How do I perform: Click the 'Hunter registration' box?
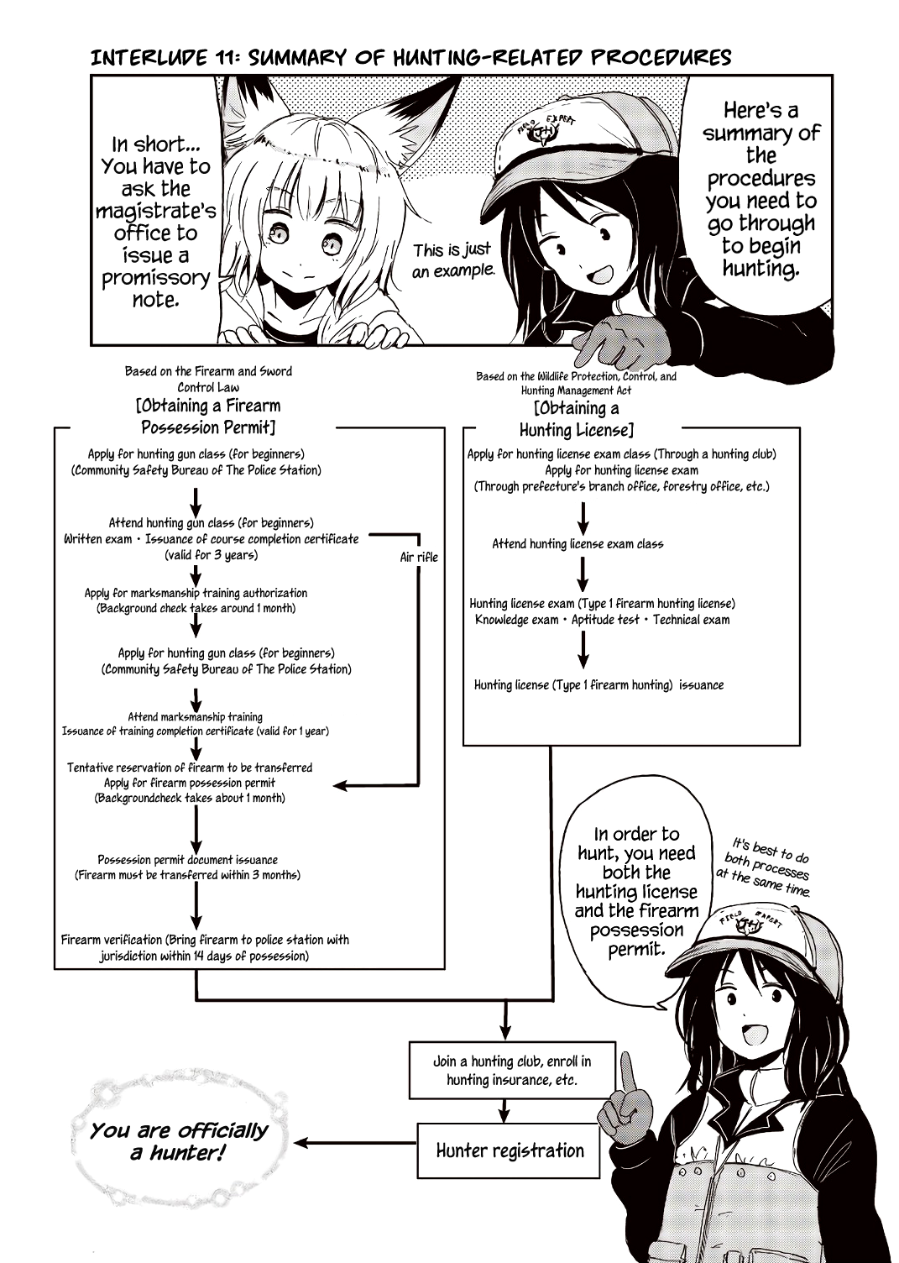510,1150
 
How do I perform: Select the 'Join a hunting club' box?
511,1070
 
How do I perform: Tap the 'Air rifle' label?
418,557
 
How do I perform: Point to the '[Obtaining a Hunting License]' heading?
576,419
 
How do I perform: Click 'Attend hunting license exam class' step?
578,544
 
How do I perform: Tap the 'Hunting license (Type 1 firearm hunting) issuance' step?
598,685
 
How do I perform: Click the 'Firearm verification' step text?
205,948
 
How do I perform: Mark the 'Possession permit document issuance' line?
187,860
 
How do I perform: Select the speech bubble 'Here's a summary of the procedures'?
760,189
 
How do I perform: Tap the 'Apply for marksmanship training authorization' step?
196,593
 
